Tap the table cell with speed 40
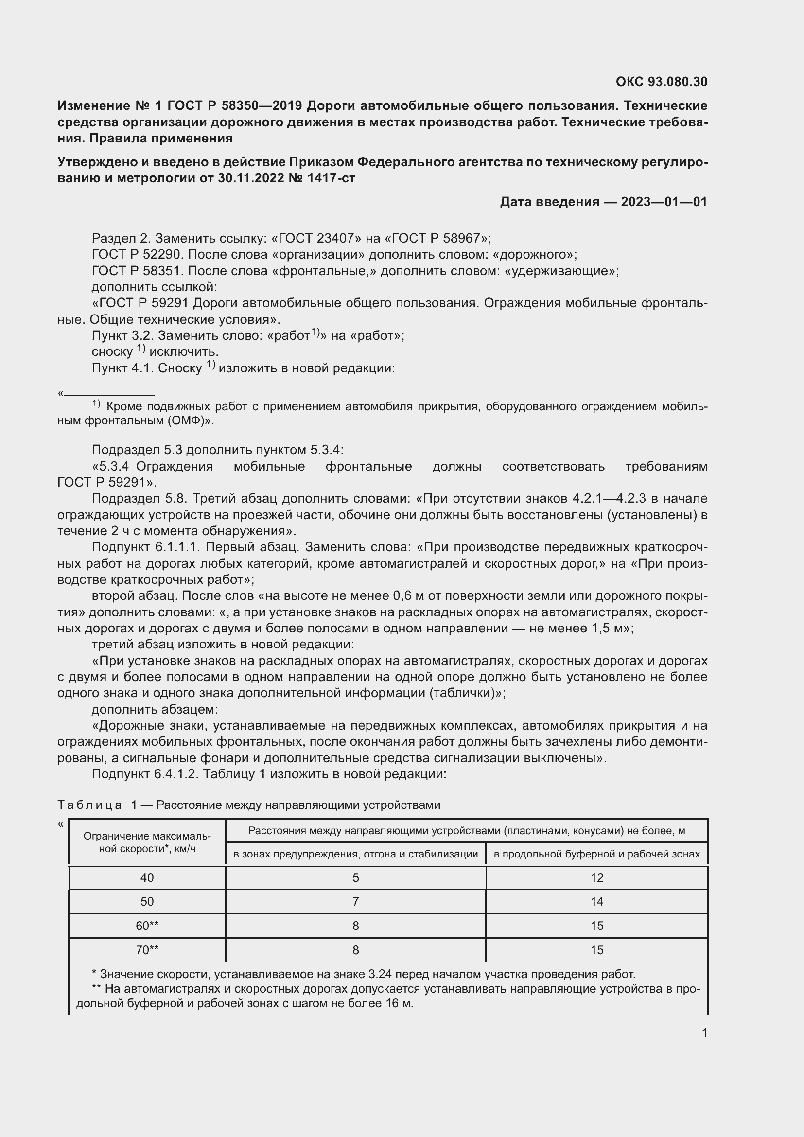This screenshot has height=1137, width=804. coord(147,878)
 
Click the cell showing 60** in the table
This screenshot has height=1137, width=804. coord(147,926)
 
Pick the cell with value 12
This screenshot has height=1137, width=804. coord(596,878)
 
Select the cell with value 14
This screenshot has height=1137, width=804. coord(596,902)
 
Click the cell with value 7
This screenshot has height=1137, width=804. coord(355,902)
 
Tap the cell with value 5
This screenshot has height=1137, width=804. coord(355,878)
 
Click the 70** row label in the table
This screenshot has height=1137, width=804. coord(147,950)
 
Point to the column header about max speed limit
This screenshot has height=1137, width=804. coord(147,842)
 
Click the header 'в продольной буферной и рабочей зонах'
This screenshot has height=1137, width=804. coord(596,854)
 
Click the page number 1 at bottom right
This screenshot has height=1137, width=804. coord(704,1033)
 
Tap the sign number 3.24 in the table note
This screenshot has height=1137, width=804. coord(380,975)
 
